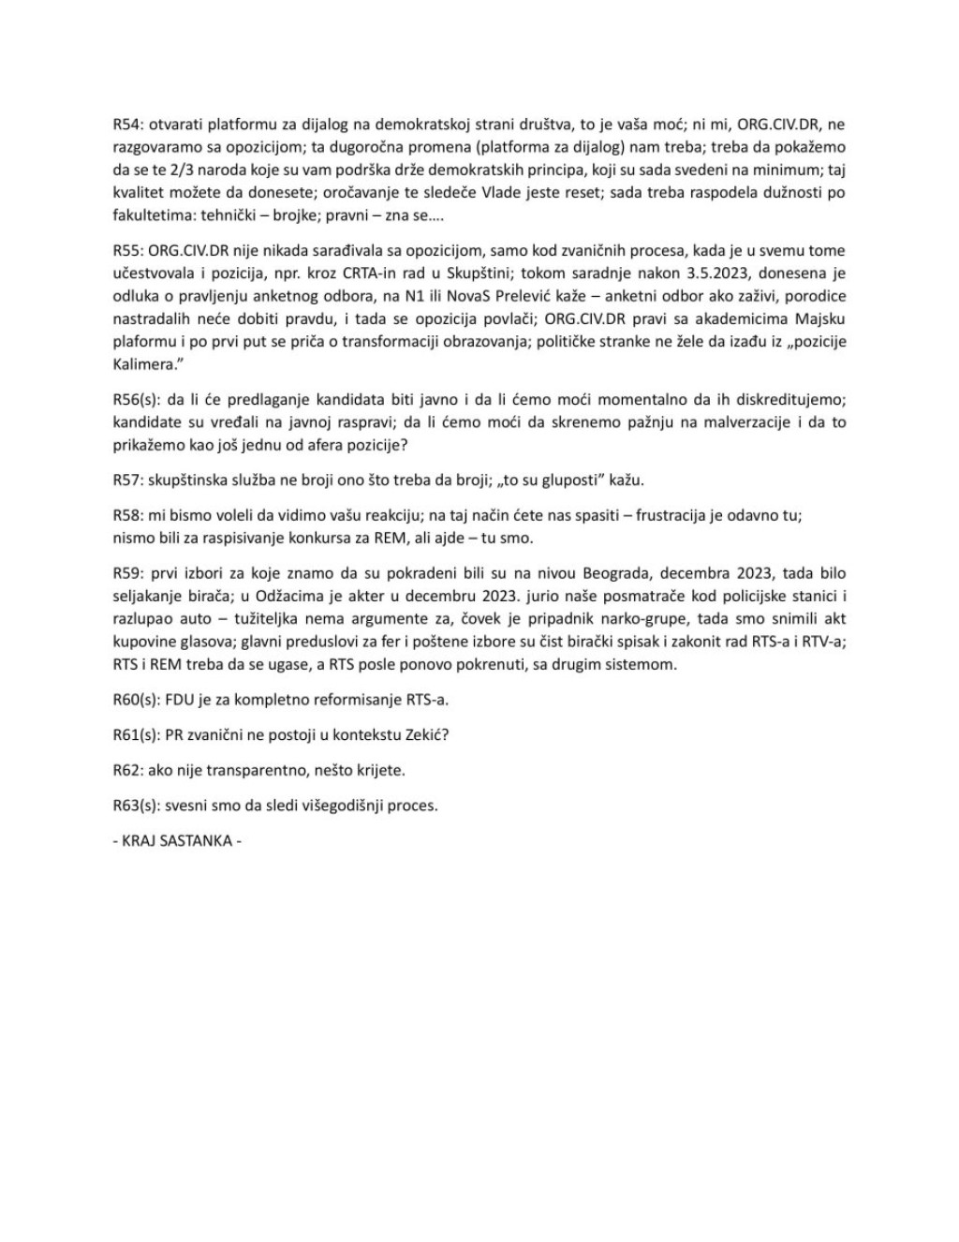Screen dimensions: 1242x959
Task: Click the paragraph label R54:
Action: coord(127,125)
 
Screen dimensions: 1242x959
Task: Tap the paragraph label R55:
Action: coord(127,251)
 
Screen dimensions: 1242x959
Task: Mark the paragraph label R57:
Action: coord(127,481)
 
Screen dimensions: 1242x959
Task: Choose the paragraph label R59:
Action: coord(127,573)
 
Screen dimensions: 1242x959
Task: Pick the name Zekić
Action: coord(427,735)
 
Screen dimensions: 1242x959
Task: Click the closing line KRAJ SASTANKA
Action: coord(177,840)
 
